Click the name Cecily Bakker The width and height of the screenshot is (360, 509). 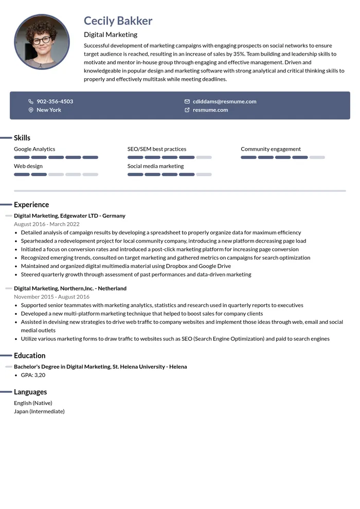tap(118, 21)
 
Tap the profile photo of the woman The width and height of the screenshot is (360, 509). tap(42, 42)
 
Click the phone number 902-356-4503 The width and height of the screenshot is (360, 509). tap(55, 101)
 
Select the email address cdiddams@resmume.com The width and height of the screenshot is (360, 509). tap(224, 101)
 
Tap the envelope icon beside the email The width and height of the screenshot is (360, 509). tap(187, 101)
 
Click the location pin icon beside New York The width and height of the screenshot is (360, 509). tap(31, 110)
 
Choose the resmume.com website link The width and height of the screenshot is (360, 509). tap(210, 110)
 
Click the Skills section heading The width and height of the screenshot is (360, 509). tap(22, 138)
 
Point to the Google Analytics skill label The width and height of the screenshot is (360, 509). tap(34, 149)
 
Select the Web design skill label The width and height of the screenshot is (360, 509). tap(28, 166)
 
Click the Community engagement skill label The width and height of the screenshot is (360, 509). tap(271, 149)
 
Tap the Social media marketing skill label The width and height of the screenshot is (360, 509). tap(155, 166)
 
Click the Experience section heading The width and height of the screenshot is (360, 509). tap(31, 205)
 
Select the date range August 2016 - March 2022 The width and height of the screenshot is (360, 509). tap(47, 224)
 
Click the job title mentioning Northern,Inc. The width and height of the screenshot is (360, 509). tap(70, 288)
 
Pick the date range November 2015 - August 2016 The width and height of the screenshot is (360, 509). tap(51, 297)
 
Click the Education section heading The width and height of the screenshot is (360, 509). tap(29, 355)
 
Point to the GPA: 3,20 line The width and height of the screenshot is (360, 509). tap(33, 375)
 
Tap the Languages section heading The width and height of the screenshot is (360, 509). tap(30, 392)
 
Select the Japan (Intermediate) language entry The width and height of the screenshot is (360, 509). tap(39, 411)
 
